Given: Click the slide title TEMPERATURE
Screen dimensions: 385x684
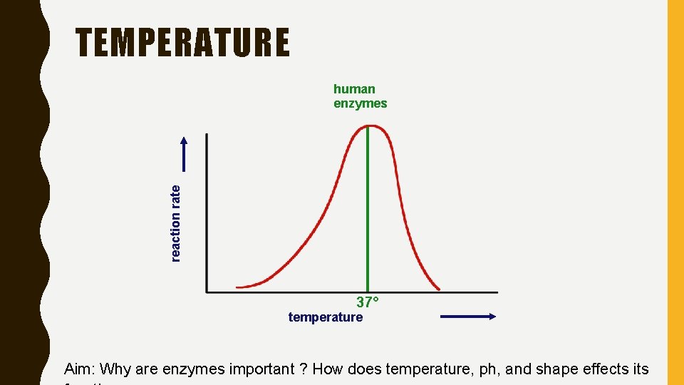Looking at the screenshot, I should pos(183,43).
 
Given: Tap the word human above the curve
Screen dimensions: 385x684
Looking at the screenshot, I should pos(354,89).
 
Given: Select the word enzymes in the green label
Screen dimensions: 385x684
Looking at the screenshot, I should pos(360,103).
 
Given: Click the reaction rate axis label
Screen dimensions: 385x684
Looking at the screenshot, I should pos(176,222).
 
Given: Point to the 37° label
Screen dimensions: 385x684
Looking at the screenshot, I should pos(368,302).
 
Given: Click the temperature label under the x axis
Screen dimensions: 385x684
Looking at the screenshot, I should pos(325,317).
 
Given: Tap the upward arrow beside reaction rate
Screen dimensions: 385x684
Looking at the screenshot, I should pos(185,153).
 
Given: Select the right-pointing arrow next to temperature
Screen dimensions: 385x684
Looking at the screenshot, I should pos(468,317).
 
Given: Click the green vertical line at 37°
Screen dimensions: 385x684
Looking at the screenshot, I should pos(368,214).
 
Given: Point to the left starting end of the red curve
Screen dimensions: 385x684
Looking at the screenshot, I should pos(238,287).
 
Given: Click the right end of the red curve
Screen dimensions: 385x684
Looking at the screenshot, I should pos(438,289).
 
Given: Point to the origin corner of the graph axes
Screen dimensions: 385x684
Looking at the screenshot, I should pos(207,292).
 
